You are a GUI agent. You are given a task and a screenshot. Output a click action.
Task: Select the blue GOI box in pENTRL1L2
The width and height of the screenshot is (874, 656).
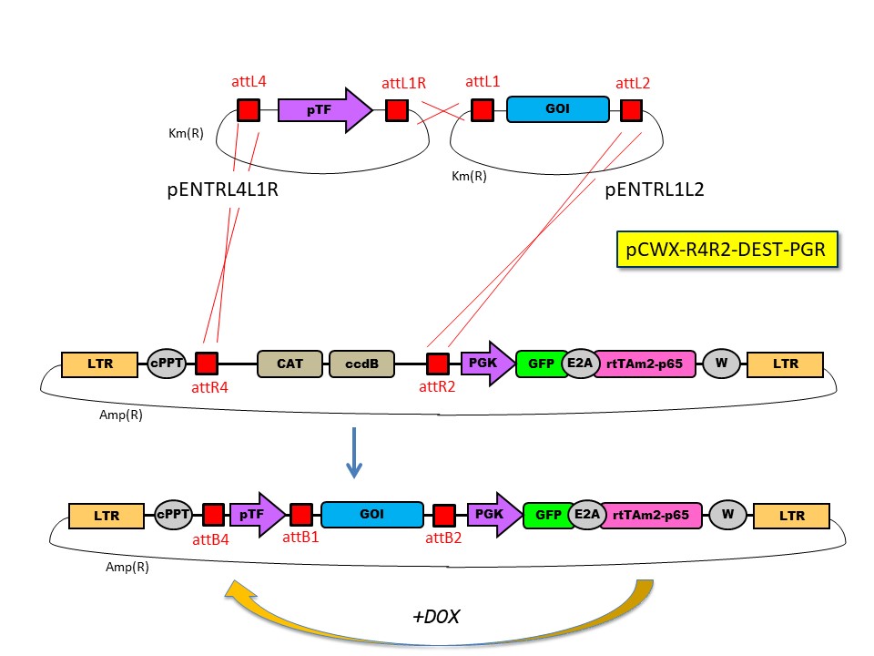pos(557,110)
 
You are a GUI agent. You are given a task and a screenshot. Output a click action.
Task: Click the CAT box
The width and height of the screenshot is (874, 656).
pos(290,364)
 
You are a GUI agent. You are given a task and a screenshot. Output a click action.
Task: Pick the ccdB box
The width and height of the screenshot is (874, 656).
pos(361,364)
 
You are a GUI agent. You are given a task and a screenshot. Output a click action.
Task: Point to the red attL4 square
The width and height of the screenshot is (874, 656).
pos(249,110)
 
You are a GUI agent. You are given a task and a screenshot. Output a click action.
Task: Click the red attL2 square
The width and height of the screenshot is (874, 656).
pos(631,110)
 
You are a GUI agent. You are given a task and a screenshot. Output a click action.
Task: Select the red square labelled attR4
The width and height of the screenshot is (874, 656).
pos(207,364)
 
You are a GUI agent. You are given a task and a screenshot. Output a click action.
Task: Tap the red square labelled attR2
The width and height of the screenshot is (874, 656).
pos(438,364)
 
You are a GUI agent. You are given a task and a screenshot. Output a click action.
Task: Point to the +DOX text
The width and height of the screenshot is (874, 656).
pos(435,617)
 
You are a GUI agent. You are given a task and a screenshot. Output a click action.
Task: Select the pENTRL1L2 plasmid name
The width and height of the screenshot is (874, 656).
pos(654,190)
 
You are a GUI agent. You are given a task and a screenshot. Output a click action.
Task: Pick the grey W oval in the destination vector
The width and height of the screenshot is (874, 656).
pos(721,364)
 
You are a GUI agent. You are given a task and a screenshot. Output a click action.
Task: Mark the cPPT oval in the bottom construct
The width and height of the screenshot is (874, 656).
pos(173,515)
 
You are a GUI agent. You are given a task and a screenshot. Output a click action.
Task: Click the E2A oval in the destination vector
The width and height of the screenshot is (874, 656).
pos(580,364)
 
